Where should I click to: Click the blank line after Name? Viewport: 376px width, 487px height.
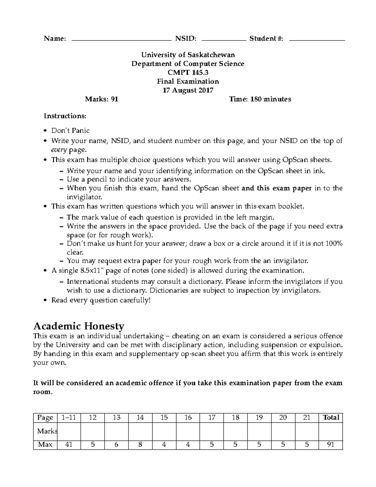pyautogui.click(x=121, y=40)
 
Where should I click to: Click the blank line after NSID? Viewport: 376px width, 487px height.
pyautogui.click(x=224, y=40)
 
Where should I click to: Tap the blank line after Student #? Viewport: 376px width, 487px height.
pyautogui.click(x=317, y=40)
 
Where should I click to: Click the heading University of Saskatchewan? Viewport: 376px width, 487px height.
pyautogui.click(x=188, y=55)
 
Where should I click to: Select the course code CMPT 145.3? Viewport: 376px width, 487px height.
pyautogui.click(x=188, y=73)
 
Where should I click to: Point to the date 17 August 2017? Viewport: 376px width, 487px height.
pyautogui.click(x=188, y=90)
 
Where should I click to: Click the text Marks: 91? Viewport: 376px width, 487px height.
pyautogui.click(x=102, y=99)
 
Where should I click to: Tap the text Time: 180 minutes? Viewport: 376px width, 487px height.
pyautogui.click(x=260, y=99)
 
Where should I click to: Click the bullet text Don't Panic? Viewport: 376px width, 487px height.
pyautogui.click(x=70, y=130)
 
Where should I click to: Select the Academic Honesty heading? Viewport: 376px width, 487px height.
pyautogui.click(x=79, y=326)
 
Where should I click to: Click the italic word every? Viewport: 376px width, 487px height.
pyautogui.click(x=59, y=150)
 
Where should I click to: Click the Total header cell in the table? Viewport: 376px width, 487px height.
pyautogui.click(x=331, y=417)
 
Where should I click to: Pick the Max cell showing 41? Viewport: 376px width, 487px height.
pyautogui.click(x=69, y=444)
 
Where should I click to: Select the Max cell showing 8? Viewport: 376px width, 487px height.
pyautogui.click(x=140, y=444)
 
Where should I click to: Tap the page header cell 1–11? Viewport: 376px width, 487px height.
pyautogui.click(x=69, y=417)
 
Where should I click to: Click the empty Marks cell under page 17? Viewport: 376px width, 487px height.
pyautogui.click(x=212, y=431)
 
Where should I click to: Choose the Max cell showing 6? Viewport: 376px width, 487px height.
pyautogui.click(x=117, y=444)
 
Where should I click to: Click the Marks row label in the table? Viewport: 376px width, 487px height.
pyautogui.click(x=46, y=431)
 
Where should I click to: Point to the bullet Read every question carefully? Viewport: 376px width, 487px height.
pyautogui.click(x=101, y=300)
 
